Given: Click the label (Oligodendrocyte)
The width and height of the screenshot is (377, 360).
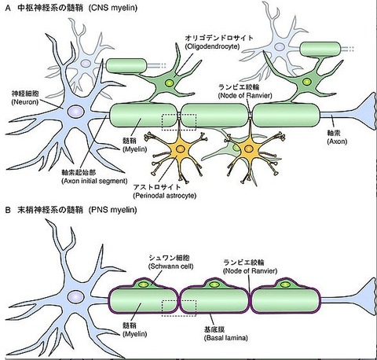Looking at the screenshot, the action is [212, 46].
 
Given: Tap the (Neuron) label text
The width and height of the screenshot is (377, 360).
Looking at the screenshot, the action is [25, 102].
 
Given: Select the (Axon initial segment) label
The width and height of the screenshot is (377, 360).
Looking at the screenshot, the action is [94, 181].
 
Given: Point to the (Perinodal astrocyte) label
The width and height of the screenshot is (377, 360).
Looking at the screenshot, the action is [165, 196].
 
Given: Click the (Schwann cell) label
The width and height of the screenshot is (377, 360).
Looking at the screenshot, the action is [171, 266].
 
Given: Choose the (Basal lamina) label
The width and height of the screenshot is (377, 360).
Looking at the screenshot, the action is [225, 338].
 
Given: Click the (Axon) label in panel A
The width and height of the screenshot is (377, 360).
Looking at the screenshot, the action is [337, 141].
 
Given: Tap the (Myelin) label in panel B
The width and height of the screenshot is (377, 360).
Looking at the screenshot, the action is [135, 334].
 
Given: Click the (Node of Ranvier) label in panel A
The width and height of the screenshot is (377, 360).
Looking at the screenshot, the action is [245, 95].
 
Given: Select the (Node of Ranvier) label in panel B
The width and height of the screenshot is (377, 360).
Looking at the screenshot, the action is [250, 270].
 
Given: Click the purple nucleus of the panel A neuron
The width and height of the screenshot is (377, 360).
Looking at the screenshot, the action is [76, 112].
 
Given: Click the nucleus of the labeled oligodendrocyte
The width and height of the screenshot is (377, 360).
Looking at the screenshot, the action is [169, 83].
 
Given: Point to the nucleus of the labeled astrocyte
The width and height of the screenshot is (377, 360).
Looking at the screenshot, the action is [180, 149].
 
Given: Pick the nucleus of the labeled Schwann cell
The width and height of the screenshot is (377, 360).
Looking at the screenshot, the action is [144, 285].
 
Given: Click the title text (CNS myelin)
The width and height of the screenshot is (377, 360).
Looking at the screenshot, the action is [113, 9].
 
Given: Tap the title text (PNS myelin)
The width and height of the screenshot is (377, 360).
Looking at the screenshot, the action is [112, 210].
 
